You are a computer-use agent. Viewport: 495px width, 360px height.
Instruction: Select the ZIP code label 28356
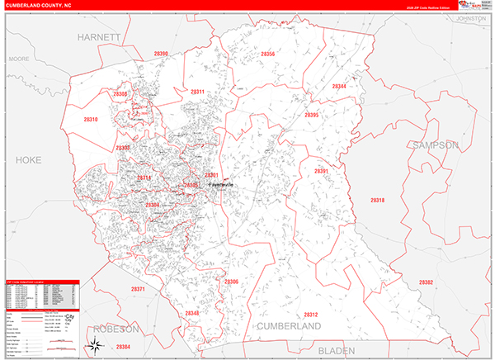coord(267,54)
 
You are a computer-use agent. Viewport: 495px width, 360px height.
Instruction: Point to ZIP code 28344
coord(339,87)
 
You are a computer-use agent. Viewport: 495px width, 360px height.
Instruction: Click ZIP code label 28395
coord(311,116)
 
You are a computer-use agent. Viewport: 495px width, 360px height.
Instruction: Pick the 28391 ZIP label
coord(321,171)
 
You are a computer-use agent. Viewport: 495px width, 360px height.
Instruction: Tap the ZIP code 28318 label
coord(377,201)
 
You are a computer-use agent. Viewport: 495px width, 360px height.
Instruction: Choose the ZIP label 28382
coord(426,282)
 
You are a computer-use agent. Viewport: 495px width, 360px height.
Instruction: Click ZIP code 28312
coord(310,315)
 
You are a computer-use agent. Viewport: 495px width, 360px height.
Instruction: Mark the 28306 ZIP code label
coord(231,282)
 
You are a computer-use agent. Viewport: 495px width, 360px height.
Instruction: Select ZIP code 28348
coord(192,314)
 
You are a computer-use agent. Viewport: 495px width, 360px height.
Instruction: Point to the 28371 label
coord(138,289)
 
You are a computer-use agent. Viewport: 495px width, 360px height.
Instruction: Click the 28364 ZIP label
coord(122,347)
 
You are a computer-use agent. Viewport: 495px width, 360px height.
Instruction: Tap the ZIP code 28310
coord(91,120)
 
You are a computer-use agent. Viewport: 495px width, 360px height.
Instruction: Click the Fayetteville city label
coord(220,185)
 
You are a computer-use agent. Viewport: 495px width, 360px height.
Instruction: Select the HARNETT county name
coord(99,38)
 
